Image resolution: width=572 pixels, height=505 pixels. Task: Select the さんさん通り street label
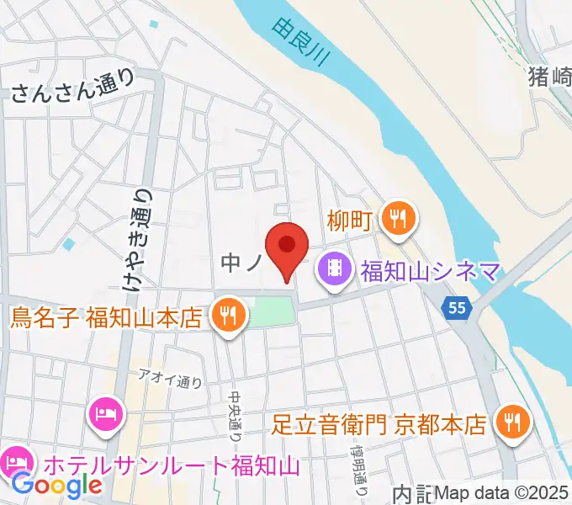[72, 86]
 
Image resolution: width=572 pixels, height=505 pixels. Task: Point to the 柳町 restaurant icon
[395, 219]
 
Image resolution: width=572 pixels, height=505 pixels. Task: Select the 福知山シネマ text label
[431, 272]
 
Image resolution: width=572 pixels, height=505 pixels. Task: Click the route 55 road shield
[457, 309]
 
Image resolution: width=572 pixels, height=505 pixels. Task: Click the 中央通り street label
[235, 412]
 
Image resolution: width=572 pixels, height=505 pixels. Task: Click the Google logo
[56, 485]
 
